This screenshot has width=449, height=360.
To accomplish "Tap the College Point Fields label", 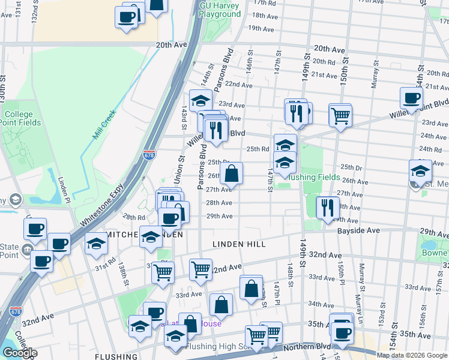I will (x=22, y=118).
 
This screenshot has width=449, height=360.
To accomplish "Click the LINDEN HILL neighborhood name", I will (x=238, y=244).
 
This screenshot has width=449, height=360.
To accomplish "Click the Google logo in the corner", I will (x=19, y=353).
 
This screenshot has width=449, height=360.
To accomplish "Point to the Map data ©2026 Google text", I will (x=412, y=355).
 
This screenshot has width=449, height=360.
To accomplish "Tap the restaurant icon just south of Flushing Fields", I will (x=327, y=208).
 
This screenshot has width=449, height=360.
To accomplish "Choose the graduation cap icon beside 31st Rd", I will (x=96, y=244).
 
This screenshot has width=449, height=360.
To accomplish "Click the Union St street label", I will (x=178, y=169).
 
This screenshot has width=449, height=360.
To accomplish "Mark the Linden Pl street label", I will (x=64, y=191).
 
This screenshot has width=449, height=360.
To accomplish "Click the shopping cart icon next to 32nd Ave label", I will (x=200, y=269).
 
